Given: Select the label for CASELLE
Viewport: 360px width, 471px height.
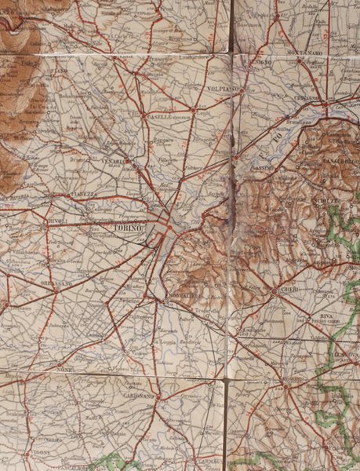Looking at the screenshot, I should [158, 115].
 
